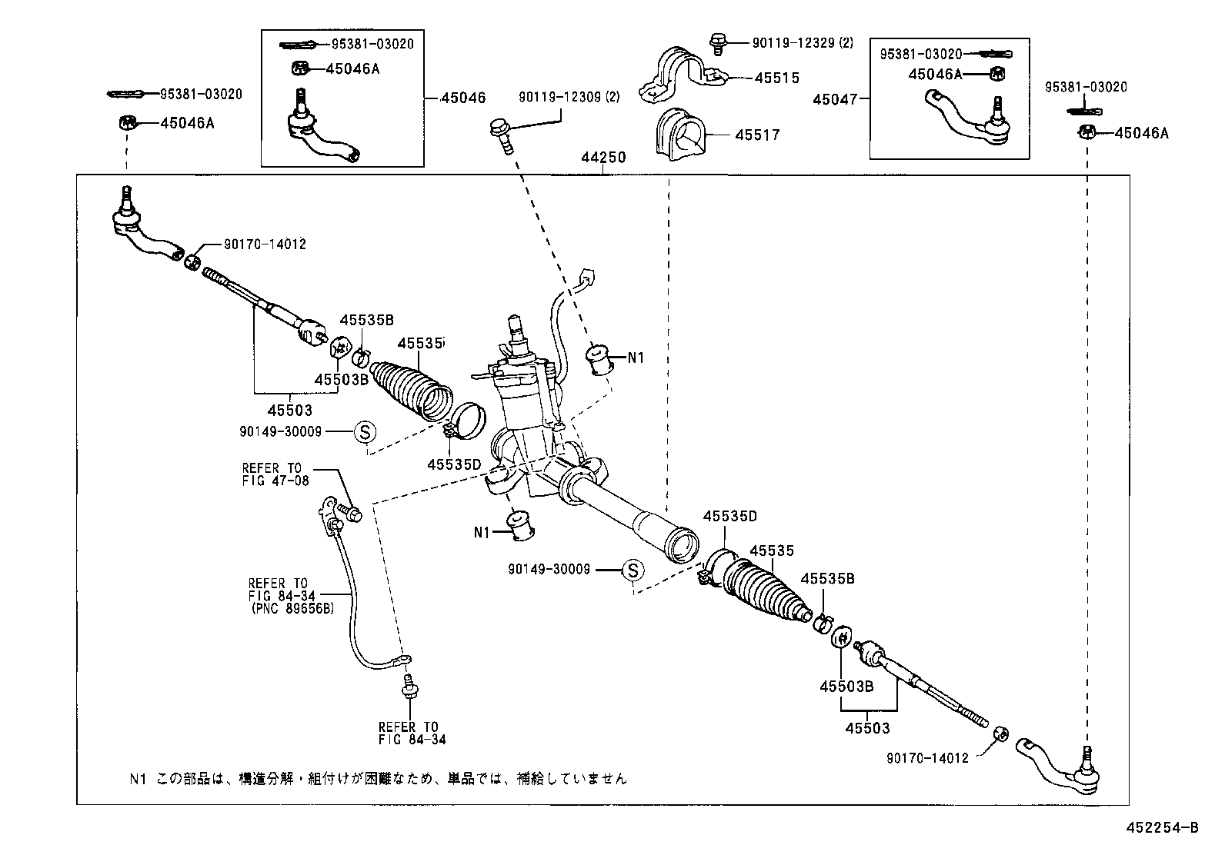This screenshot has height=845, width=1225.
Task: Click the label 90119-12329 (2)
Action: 803,43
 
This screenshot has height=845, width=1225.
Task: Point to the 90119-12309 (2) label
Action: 569,97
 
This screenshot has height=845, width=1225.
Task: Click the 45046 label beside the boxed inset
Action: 463,98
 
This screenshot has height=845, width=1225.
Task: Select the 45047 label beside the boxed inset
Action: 837,98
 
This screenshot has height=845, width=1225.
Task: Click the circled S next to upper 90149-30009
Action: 364,432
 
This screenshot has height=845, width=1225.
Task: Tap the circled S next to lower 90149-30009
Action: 632,570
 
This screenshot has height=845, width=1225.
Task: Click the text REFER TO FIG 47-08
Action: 275,474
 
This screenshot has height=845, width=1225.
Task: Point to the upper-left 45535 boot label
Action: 420,344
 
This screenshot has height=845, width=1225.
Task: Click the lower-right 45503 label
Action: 867,727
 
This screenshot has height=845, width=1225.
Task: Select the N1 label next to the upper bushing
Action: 636,358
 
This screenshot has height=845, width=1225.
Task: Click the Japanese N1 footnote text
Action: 377,778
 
